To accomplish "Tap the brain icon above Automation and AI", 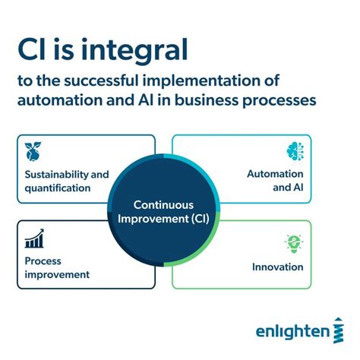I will [x=295, y=150].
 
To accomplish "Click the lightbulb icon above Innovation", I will [x=294, y=244].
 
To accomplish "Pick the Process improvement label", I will [x=57, y=267].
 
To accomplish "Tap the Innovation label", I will [x=278, y=267].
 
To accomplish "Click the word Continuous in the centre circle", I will [x=163, y=205].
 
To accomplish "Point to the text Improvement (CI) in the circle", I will [x=163, y=219].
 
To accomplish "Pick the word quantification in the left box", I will [x=57, y=187].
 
